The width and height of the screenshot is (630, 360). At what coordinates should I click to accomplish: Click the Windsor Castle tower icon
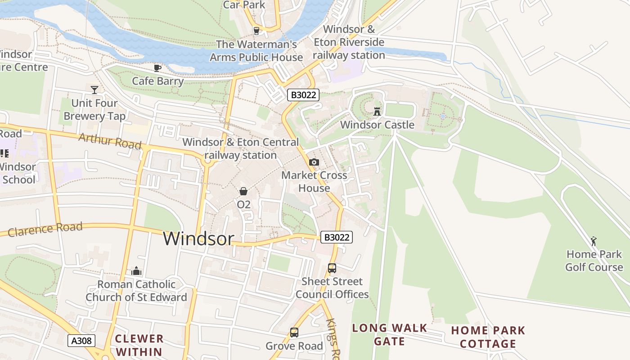point(377,111)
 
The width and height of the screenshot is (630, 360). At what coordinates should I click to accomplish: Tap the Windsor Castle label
point(377,125)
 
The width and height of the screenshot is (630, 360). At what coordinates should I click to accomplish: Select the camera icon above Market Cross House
point(314,162)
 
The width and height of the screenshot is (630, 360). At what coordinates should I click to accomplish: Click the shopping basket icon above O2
point(243,191)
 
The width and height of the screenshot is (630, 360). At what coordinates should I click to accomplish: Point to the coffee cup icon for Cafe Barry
point(157,68)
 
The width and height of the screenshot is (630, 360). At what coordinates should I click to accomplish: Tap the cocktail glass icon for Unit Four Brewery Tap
point(94,90)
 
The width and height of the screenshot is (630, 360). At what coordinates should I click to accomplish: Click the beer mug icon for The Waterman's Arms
point(256,31)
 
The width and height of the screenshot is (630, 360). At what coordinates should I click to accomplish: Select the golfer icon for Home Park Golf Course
point(594,241)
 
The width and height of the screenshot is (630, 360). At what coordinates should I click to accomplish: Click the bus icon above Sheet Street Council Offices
point(332,268)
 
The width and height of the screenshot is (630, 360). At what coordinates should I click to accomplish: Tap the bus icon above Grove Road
point(294,333)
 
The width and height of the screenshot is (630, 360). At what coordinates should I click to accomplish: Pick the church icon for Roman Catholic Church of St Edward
point(136,271)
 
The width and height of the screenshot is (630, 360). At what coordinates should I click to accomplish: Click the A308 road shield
point(81,341)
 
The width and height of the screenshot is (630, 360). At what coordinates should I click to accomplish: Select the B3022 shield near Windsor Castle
point(303,95)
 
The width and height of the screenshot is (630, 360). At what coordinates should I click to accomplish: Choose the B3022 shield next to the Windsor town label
point(336,237)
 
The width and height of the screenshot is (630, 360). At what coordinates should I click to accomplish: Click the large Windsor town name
point(198,238)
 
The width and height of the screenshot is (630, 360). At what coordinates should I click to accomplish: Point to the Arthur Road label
point(110,141)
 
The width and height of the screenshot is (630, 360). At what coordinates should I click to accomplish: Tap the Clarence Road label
point(45,229)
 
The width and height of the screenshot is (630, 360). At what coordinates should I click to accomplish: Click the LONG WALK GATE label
point(389,334)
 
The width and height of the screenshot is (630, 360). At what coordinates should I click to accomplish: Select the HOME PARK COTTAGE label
point(488,337)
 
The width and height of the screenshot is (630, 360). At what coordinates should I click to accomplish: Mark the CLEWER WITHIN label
point(139,345)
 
